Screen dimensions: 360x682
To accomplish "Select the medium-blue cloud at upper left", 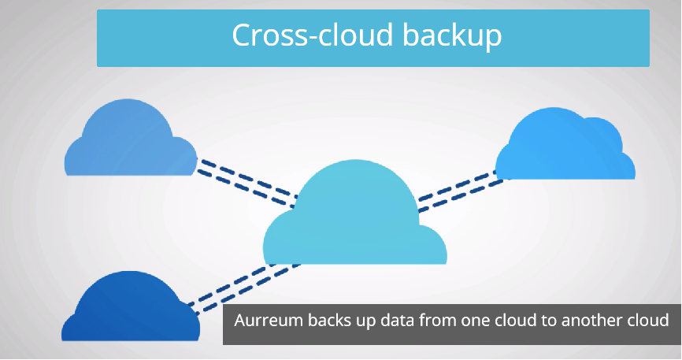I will (x=129, y=142).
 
